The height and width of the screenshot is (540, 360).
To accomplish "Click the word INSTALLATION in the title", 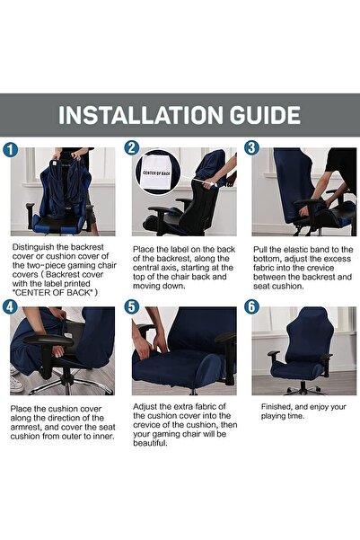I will point(149,115).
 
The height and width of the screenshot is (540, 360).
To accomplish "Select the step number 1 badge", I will point(11,148).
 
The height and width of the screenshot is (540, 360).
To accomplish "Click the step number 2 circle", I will point(132,148).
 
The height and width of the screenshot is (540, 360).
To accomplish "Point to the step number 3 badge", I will point(251,148).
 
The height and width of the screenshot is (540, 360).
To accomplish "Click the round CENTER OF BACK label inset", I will point(154,174).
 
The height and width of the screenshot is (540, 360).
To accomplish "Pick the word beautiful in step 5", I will point(156,443).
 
